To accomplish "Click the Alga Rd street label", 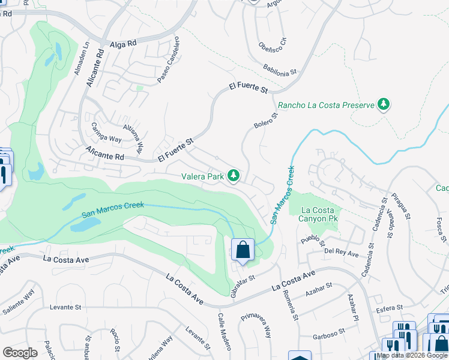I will pos(124,44).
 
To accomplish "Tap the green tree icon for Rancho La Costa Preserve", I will pos(384,105).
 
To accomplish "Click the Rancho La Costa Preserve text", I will pos(325,105).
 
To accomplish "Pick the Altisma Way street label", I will pos(133,137).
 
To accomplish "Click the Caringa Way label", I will pos(106,132).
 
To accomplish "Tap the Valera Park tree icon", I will pos(234,176).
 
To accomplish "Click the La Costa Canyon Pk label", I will pos(314,214).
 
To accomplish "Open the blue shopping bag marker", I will pos(243,250).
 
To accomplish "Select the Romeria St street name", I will pos(292,305).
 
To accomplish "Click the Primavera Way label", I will pos(256,326).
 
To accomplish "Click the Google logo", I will pos(20,353).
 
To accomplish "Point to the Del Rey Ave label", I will pos(342,253).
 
